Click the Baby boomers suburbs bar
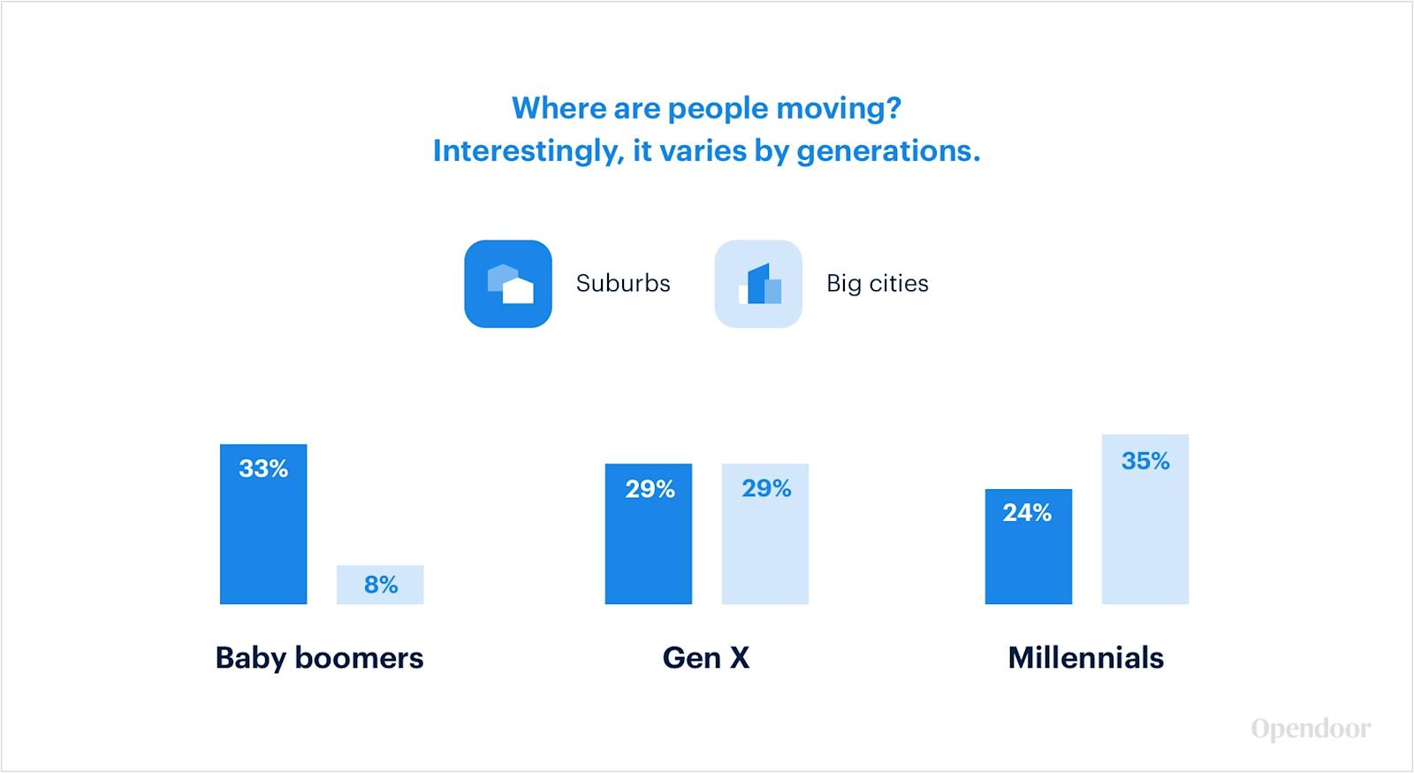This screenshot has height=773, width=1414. point(263,524)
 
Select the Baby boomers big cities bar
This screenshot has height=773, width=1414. point(380,585)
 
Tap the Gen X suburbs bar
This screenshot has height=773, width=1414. point(649,534)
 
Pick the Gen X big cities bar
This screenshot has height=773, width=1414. point(765,534)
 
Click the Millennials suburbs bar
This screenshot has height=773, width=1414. point(1029,547)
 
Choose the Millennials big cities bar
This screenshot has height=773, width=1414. point(1145,519)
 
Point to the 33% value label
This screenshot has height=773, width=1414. point(263,469)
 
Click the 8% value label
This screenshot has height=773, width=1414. point(381,585)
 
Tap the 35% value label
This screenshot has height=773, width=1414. point(1145,461)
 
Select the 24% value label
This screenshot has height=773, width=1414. point(1027,513)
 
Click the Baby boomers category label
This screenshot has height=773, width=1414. point(319,657)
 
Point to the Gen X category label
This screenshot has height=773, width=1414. point(706,657)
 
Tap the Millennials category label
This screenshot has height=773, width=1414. point(1086,657)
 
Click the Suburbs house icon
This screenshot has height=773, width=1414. point(508,284)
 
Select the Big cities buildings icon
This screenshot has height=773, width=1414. point(758,284)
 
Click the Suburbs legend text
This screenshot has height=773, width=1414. point(623,283)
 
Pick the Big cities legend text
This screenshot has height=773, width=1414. point(878,284)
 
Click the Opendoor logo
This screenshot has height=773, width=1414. point(1311,729)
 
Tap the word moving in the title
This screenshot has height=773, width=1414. point(839,109)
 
